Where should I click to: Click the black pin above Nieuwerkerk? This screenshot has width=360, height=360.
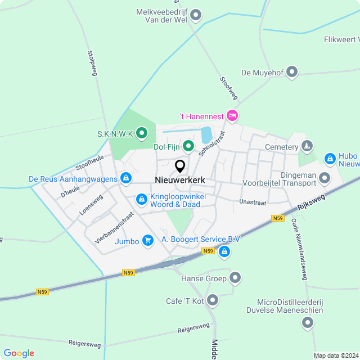[180, 166]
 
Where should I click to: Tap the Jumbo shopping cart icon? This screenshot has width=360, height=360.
[148, 241]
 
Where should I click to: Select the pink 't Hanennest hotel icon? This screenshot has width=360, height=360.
[232, 116]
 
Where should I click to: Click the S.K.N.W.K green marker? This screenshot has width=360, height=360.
[142, 133]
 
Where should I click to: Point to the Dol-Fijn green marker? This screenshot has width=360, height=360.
[188, 147]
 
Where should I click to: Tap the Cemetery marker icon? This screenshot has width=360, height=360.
[307, 147]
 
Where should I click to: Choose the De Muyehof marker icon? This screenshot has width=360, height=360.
[292, 72]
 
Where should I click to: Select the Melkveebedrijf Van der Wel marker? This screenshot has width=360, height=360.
[196, 15]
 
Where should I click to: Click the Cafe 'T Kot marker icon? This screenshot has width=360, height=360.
[213, 301]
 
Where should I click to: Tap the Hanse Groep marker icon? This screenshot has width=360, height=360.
[236, 278]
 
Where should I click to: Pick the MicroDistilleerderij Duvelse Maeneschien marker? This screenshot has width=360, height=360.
[307, 323]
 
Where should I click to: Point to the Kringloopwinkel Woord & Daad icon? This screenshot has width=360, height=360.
[141, 199]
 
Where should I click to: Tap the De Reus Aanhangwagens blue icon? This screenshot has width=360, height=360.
[127, 179]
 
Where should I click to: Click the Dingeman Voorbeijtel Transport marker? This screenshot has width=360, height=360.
[325, 178]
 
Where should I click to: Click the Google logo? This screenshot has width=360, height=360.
[19, 353]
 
